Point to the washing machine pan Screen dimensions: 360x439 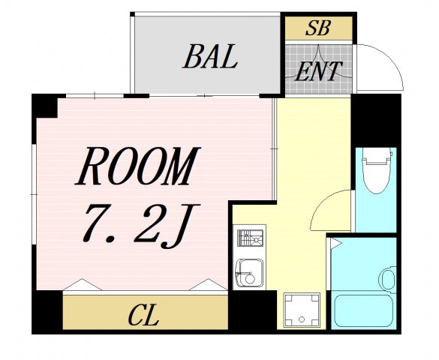tap(302, 308)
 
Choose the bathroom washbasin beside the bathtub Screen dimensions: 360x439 tap(388, 279)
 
